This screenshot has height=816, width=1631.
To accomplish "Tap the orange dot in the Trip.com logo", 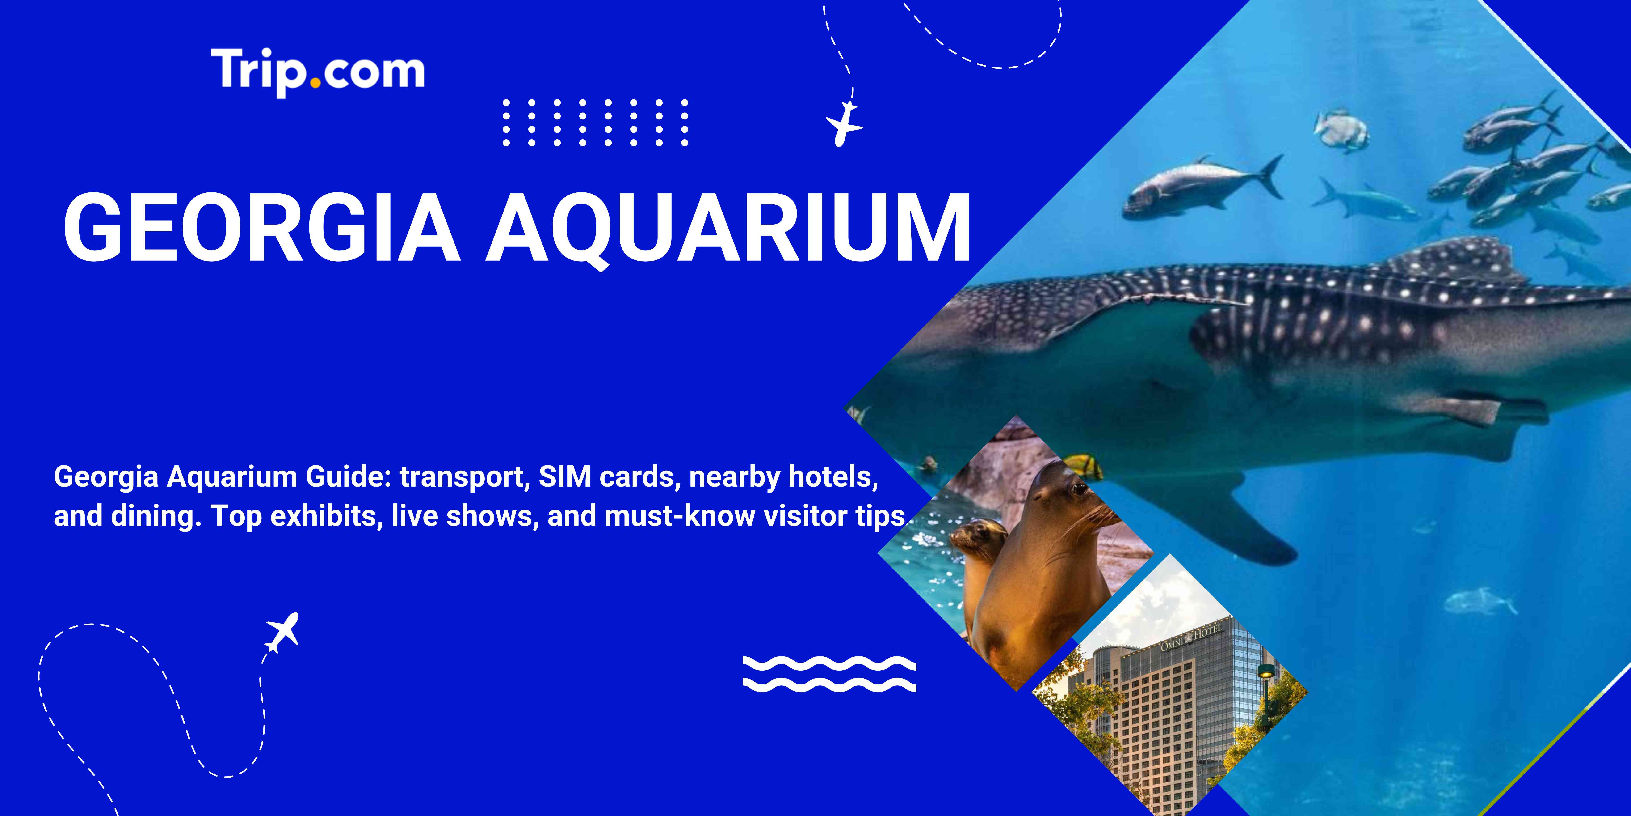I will tap(315, 82).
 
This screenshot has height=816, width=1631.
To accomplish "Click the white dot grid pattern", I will tap(595, 122).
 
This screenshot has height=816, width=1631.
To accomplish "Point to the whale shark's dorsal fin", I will tap(1456, 260).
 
